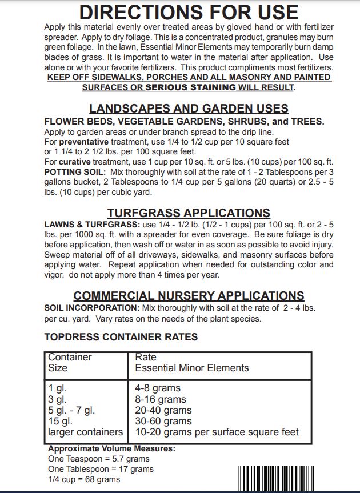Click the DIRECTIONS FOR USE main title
pyautogui.click(x=189, y=12)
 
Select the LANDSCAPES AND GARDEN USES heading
pyautogui.click(x=189, y=109)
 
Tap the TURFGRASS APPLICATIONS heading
pyautogui.click(x=189, y=213)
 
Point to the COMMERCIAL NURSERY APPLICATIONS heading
pyautogui.click(x=189, y=296)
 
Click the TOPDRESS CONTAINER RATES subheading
pyautogui.click(x=121, y=337)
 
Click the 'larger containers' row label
pyautogui.click(x=86, y=432)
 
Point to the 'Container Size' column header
pyautogui.click(x=70, y=363)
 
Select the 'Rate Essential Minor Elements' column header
pyautogui.click(x=192, y=363)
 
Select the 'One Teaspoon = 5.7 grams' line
pyautogui.click(x=99, y=459)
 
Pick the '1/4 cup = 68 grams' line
pyautogui.click(x=85, y=479)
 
